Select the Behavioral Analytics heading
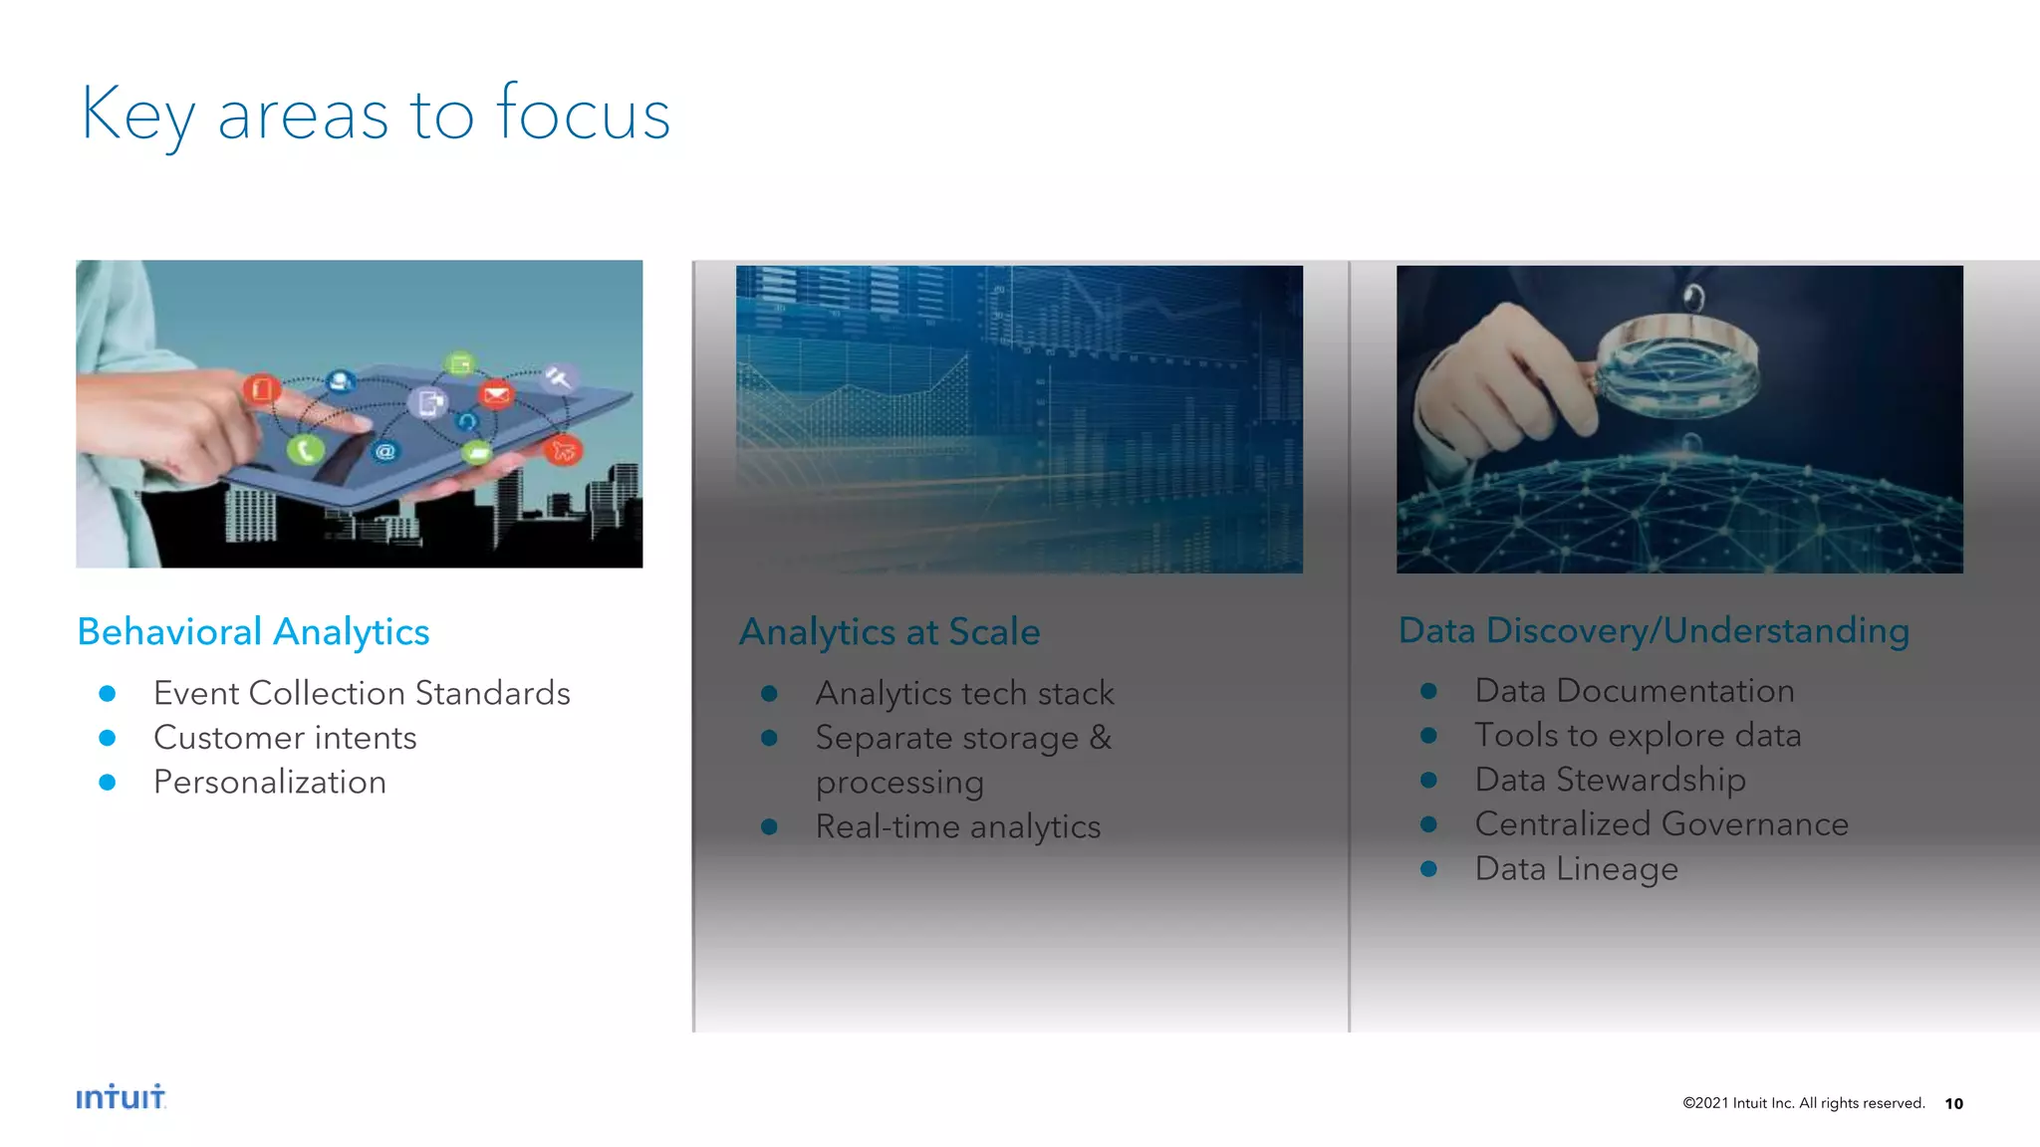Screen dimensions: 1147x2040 [x=253, y=632]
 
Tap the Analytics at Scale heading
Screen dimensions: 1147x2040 [x=889, y=632]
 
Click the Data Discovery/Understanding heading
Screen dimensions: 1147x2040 [x=1654, y=630]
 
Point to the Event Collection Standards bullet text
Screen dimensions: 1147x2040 [x=362, y=693]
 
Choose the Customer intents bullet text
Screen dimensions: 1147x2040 [x=285, y=738]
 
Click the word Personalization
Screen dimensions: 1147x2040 [x=270, y=783]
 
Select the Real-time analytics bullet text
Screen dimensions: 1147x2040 [x=957, y=826]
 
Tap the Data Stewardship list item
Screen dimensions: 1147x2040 [x=1610, y=780]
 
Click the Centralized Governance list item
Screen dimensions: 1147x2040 [x=1661, y=824]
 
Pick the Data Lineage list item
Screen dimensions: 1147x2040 [x=1576, y=868]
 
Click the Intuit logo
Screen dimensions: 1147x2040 [x=121, y=1097]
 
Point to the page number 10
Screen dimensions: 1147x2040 [x=1953, y=1103]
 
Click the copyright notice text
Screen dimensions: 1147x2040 [x=1803, y=1103]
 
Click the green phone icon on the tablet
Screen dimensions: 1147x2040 [x=305, y=450]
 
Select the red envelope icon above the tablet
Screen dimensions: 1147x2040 [x=495, y=395]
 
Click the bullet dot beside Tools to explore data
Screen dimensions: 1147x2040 [x=1428, y=736]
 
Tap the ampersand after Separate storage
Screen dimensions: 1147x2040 [x=1100, y=738]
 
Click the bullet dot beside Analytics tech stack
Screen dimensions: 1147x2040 [x=769, y=694]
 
